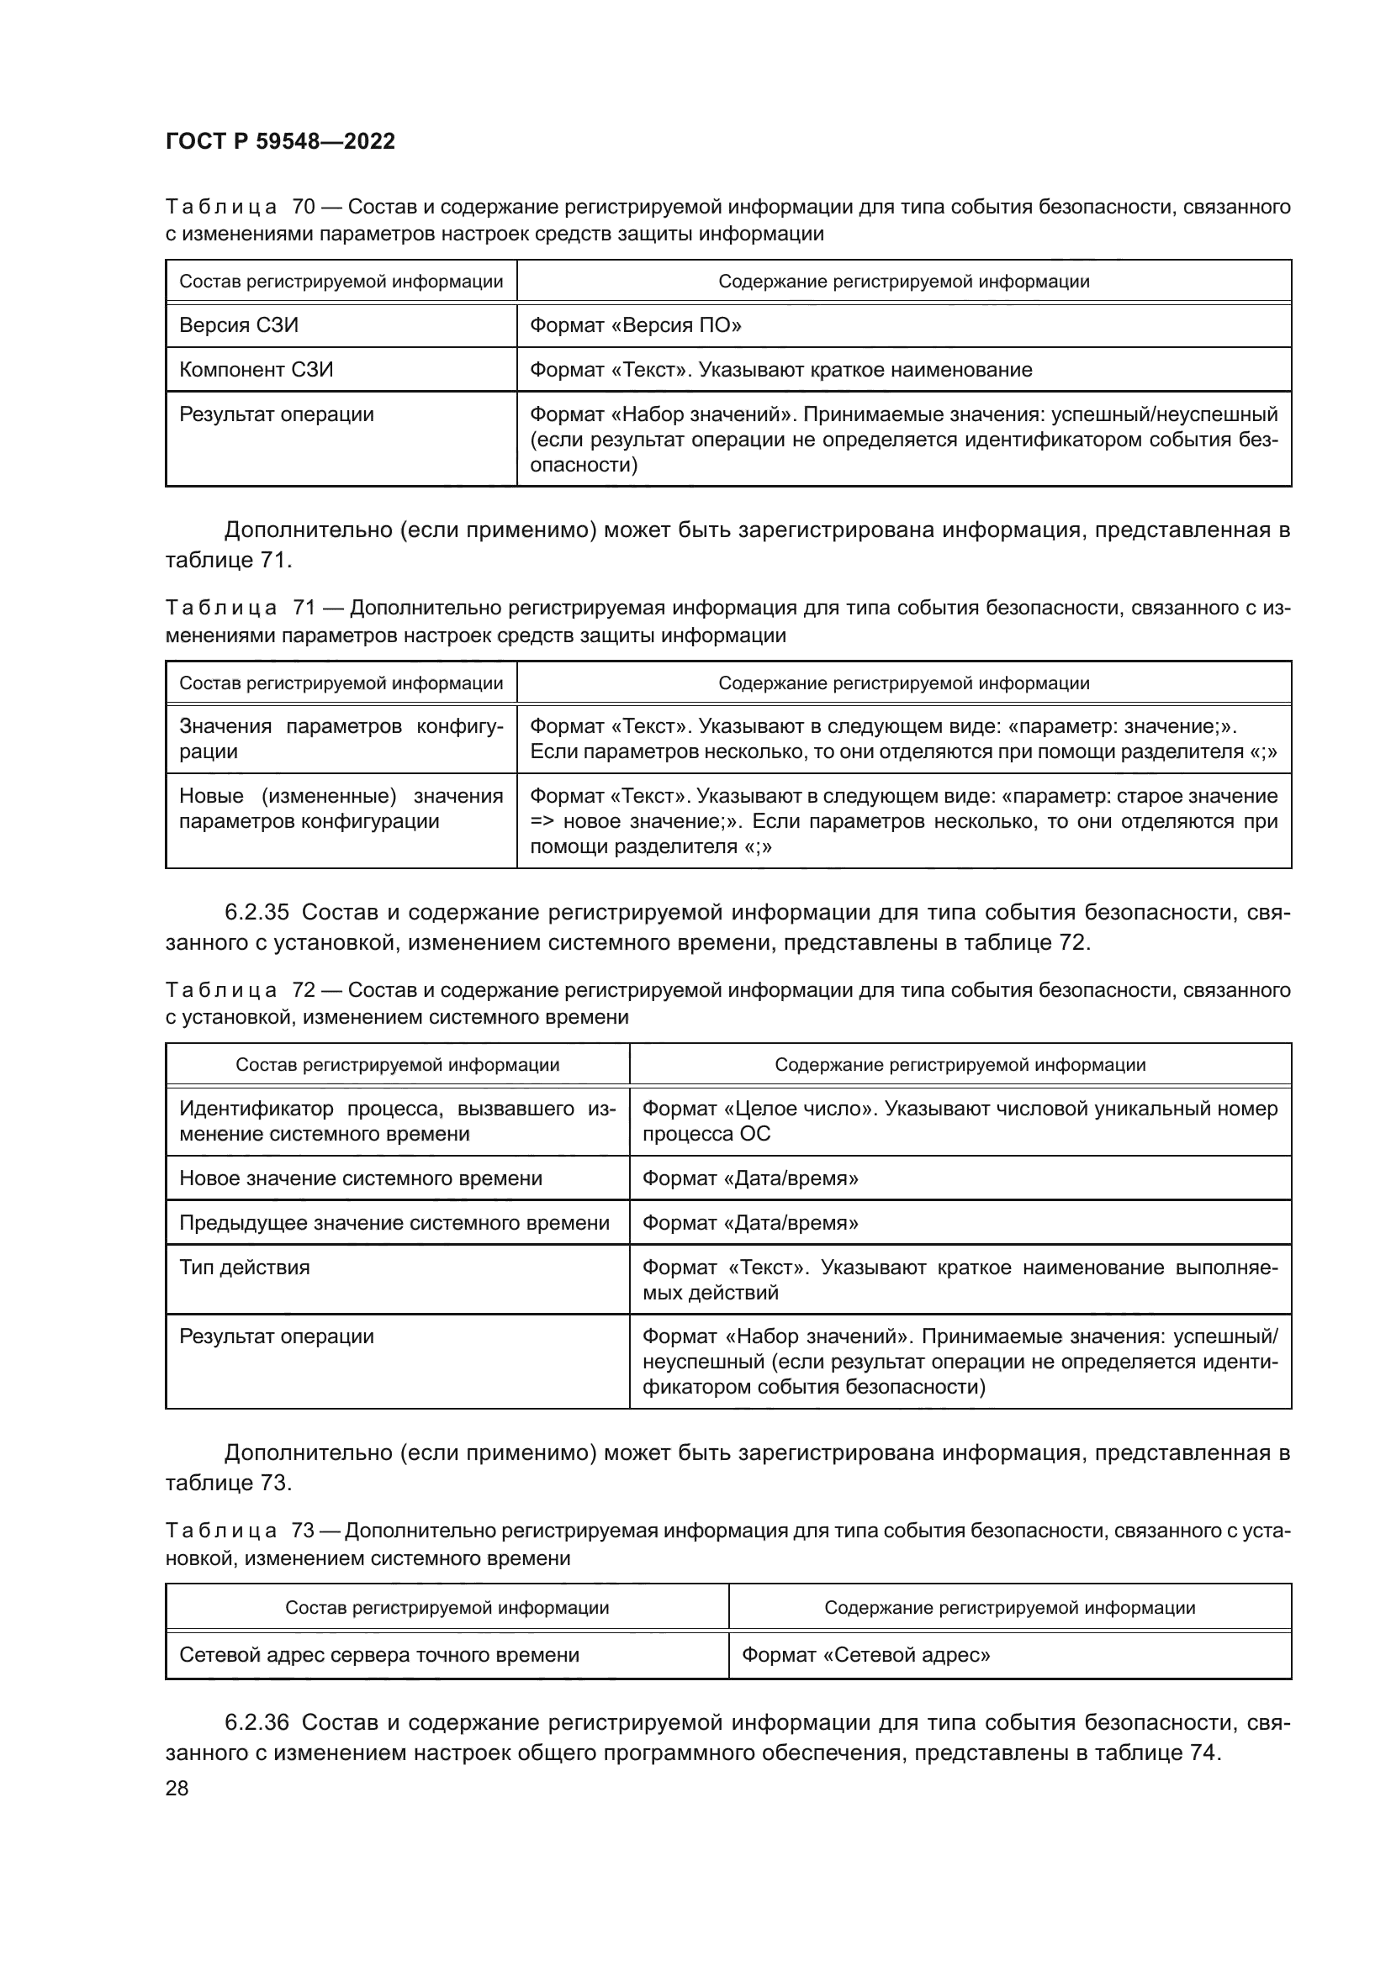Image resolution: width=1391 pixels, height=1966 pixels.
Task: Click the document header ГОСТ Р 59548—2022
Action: pos(280,142)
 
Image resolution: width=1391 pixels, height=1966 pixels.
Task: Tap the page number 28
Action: pos(177,1788)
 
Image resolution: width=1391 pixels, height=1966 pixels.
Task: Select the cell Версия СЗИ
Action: pos(239,325)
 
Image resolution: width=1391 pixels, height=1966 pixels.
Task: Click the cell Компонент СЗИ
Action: pos(257,370)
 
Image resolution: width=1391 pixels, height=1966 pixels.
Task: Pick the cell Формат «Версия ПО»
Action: pos(636,325)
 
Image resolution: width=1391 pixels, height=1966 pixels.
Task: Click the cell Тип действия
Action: pos(244,1268)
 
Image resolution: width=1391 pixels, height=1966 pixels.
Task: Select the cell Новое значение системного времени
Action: pos(361,1178)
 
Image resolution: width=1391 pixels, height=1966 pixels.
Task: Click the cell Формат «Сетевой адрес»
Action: pos(865,1655)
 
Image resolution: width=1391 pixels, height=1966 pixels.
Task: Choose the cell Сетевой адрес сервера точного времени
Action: pos(379,1655)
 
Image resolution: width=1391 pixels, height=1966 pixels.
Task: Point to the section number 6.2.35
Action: pos(257,912)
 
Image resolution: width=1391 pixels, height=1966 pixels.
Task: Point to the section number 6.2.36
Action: pos(257,1722)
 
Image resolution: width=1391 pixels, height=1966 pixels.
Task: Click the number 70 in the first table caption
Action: pos(304,208)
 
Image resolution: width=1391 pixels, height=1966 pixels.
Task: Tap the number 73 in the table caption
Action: pos(304,1531)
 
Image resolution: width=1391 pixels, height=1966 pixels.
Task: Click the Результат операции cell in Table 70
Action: pos(277,414)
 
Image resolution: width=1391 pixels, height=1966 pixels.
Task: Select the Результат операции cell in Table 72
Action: pos(277,1336)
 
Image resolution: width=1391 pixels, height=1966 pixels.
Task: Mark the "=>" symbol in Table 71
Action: pos(542,822)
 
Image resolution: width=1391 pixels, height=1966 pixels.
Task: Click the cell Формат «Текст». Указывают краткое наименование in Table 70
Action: pos(781,370)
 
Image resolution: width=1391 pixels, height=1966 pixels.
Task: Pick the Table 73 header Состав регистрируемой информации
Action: pos(447,1608)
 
